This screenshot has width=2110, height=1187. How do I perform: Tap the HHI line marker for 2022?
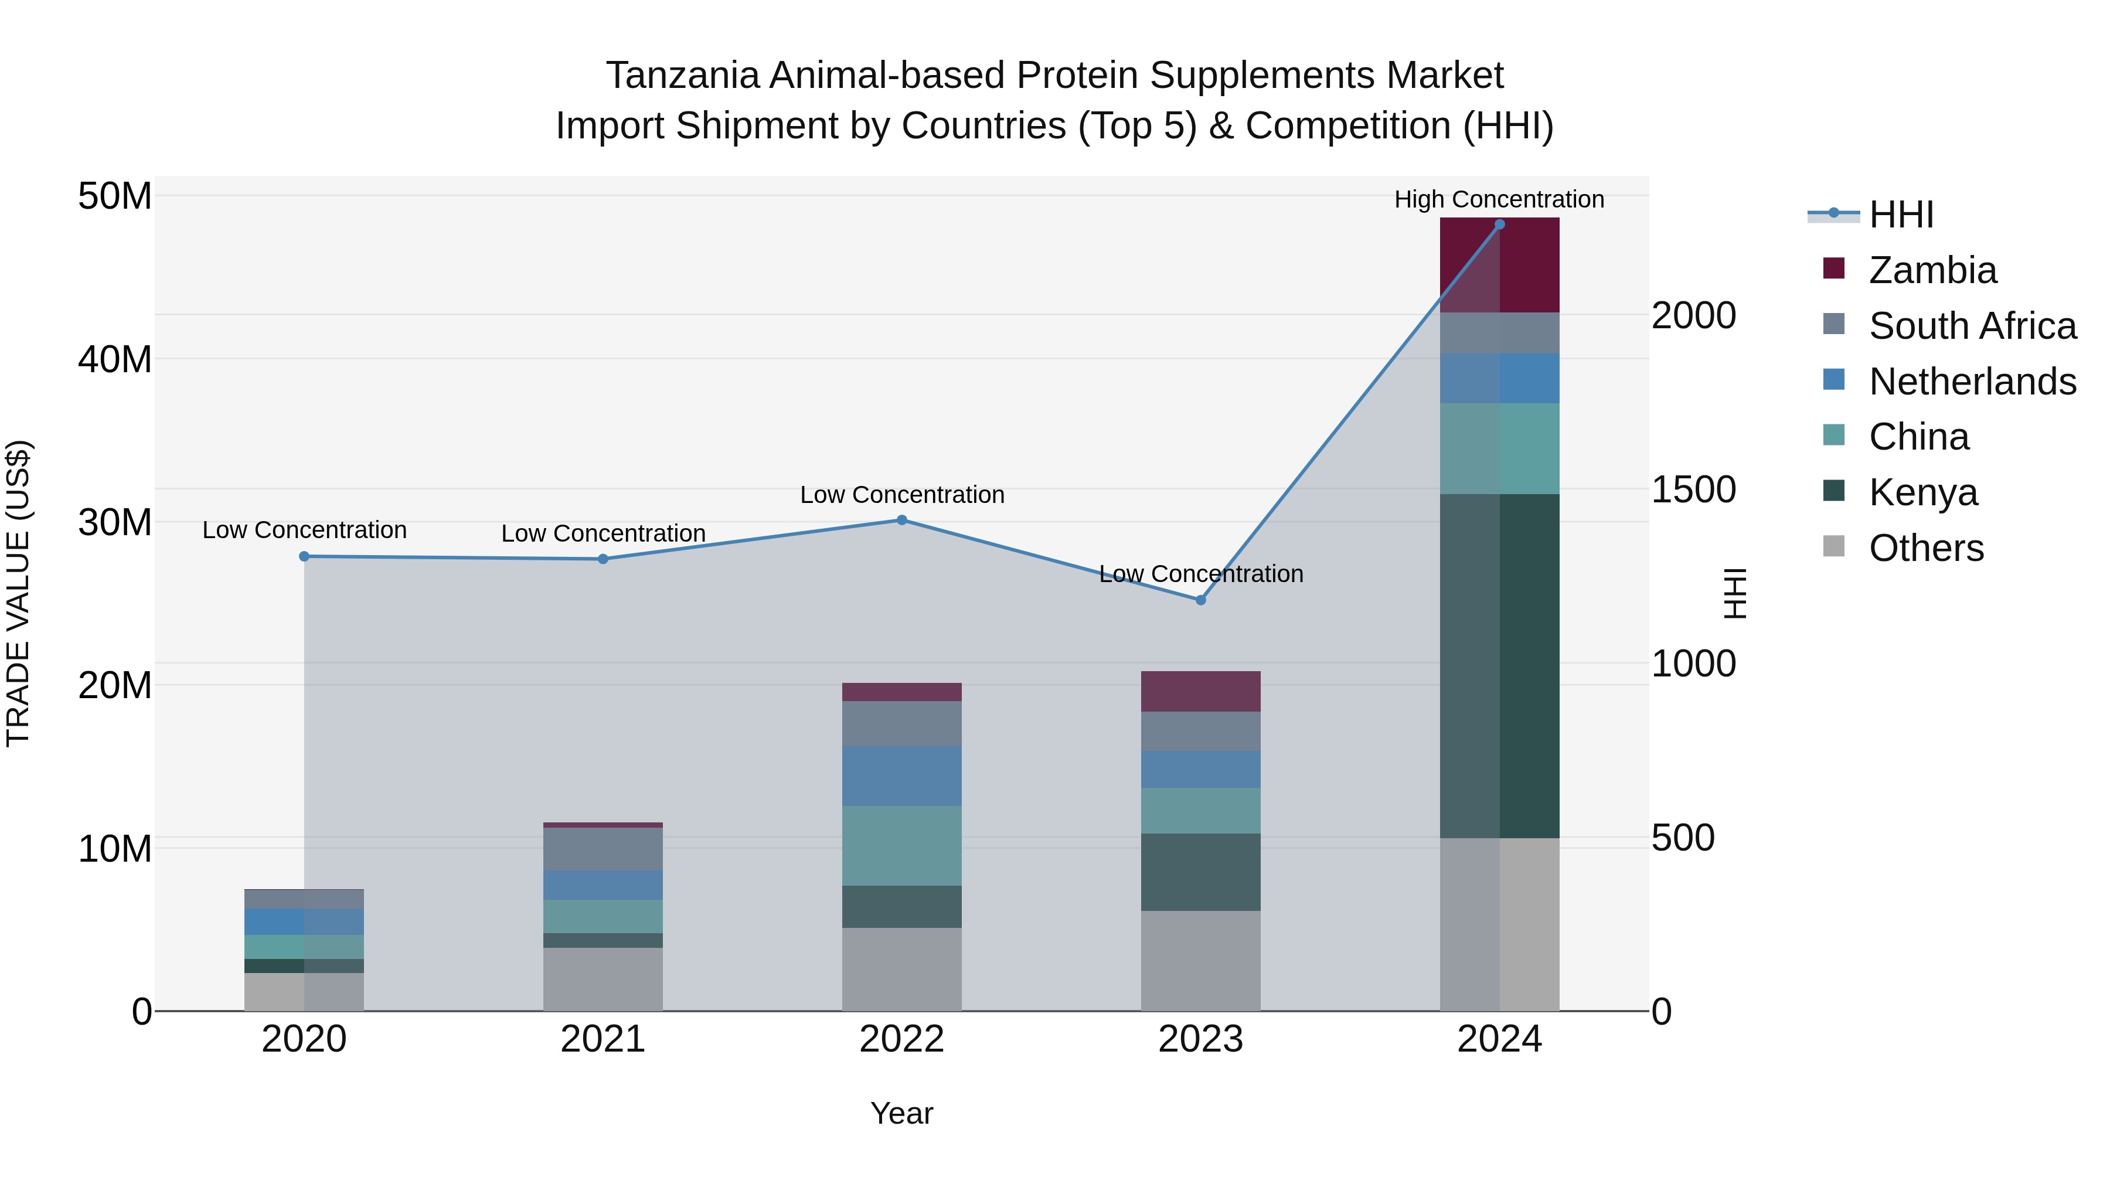tap(902, 520)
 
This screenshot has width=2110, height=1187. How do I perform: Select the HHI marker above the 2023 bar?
tap(1201, 600)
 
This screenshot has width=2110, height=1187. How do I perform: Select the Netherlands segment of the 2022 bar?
tap(902, 776)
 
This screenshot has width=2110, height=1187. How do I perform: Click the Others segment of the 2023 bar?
tap(1201, 960)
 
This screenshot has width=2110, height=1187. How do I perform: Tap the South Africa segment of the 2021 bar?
tap(603, 849)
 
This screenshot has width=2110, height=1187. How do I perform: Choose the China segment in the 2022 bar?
tap(902, 845)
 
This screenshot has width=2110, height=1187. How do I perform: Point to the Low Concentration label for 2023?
tap(1201, 573)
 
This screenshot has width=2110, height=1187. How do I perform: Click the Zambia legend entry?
tap(1932, 270)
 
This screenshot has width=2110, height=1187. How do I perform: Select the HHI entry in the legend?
tap(1900, 215)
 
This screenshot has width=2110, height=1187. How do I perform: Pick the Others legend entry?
tap(1926, 548)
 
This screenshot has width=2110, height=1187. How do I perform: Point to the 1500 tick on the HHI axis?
tap(1693, 490)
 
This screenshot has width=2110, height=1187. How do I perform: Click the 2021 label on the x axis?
tap(603, 1039)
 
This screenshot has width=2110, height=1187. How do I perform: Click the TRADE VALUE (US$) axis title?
tap(18, 593)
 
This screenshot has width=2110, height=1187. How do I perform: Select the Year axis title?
tap(902, 1113)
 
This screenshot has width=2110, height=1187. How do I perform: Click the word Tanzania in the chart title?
tap(683, 76)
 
